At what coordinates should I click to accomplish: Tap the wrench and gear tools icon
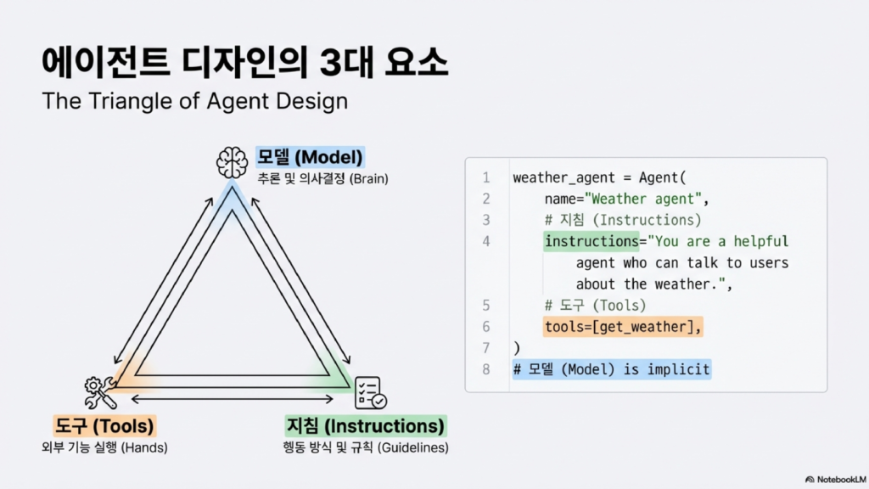point(99,392)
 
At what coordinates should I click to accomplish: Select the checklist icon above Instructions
point(370,392)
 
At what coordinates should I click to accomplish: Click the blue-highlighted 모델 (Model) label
point(310,157)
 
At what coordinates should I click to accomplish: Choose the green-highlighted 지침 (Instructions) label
point(365,425)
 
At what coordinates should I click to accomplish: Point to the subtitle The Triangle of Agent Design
point(195,101)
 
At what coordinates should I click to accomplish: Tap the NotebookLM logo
point(835,479)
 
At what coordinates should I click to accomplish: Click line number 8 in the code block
point(486,369)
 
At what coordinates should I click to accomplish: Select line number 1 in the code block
point(486,178)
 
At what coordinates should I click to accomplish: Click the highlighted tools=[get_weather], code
point(624,327)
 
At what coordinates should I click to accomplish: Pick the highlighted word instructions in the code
point(591,242)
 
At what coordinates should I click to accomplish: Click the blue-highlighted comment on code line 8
point(611,369)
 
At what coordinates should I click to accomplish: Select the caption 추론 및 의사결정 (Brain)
point(323,179)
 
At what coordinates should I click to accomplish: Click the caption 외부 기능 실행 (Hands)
point(104,447)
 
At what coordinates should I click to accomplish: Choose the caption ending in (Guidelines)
point(365,447)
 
